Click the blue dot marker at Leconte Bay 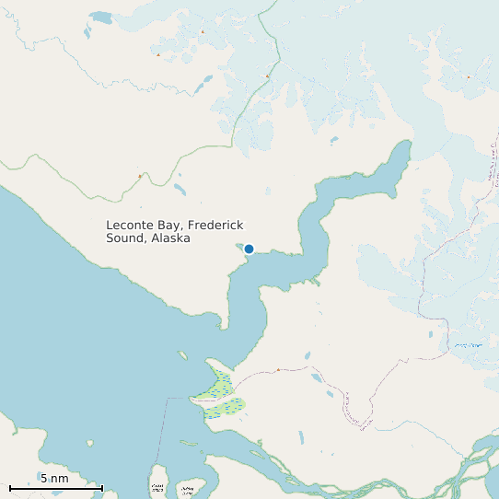click(x=249, y=249)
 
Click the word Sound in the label click(x=123, y=238)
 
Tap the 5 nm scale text click(x=54, y=479)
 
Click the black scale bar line click(x=55, y=488)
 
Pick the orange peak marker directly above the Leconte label click(x=140, y=176)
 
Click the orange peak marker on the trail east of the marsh click(x=278, y=369)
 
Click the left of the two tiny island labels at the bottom click(x=157, y=486)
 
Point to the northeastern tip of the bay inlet click(x=404, y=145)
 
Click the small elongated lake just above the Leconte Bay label click(x=179, y=191)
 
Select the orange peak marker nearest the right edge click(x=468, y=77)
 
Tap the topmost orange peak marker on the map click(x=203, y=31)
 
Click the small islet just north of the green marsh click(x=183, y=355)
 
